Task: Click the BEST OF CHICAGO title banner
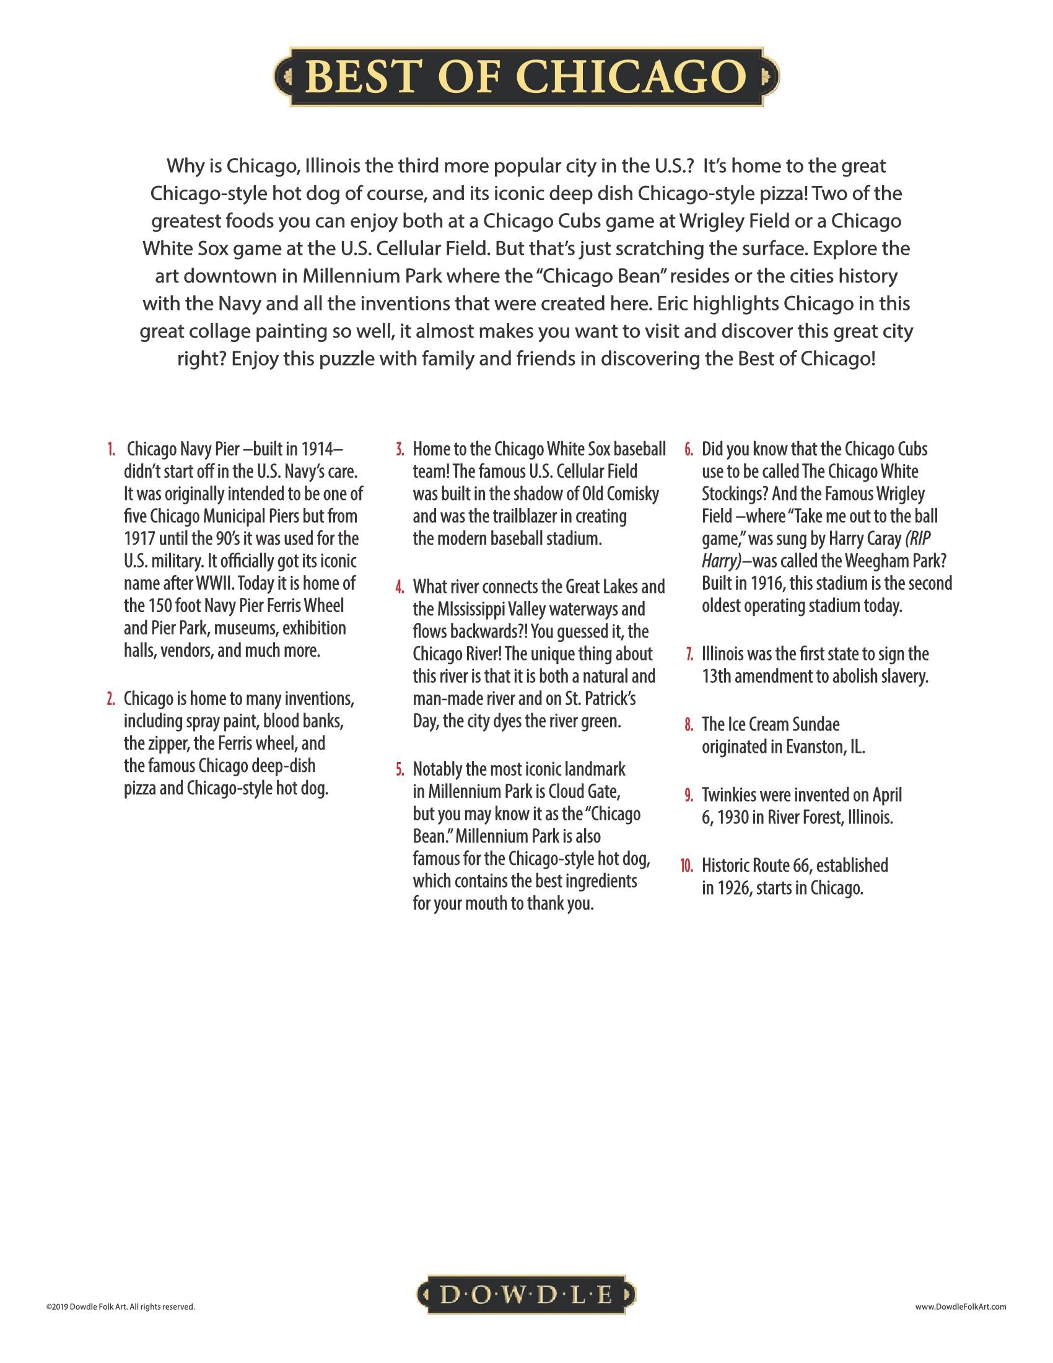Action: click(526, 76)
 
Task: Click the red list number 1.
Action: click(111, 449)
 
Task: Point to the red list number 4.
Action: click(400, 587)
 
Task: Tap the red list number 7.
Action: click(689, 654)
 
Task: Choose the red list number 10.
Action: click(687, 866)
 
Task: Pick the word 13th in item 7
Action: click(716, 677)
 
